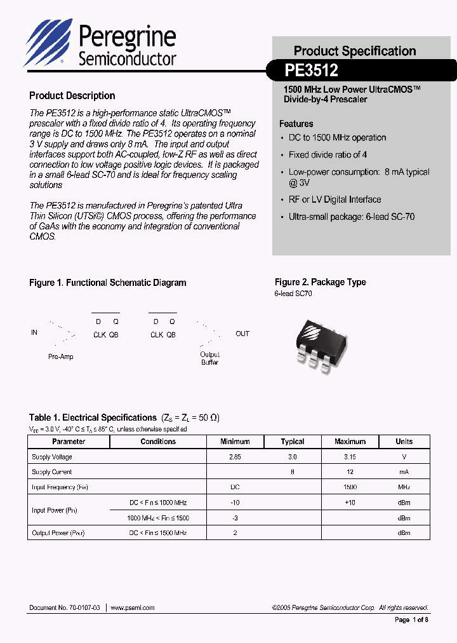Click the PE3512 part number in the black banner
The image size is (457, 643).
pos(311,70)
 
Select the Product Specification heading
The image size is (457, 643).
pos(355,51)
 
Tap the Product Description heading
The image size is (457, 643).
pos(72,96)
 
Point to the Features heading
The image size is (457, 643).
pos(296,124)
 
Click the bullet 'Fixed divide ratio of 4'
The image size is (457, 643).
pos(328,154)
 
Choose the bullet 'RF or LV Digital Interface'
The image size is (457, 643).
pos(334,200)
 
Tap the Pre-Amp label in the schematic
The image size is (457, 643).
pos(61,356)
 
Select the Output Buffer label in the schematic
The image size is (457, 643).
pos(209,358)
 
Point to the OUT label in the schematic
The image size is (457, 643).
pos(242,334)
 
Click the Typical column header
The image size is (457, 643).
pos(293,442)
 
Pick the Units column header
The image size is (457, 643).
pos(404,442)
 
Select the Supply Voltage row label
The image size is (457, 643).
pos(52,457)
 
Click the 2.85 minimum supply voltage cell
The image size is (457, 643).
pos(235,457)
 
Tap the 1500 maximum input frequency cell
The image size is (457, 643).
pos(350,487)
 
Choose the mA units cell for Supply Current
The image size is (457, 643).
pos(404,472)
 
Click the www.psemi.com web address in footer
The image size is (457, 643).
pos(133,608)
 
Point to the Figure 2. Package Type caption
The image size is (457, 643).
pos(320,282)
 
